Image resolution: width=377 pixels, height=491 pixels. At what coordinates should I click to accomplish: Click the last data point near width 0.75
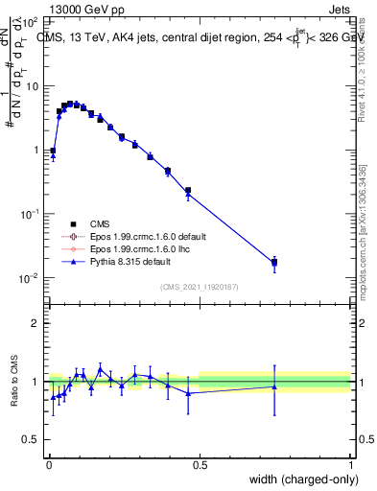(274, 261)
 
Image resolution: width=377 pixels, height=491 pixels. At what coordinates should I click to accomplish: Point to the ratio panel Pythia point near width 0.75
(274, 386)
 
